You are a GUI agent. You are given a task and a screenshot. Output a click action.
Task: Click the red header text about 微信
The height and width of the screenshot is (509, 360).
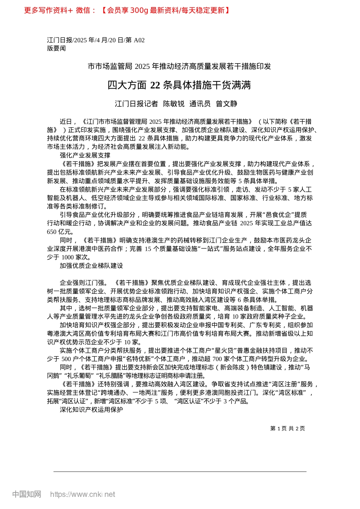127,10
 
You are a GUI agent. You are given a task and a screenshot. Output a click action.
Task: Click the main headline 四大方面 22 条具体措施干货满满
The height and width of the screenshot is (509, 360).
179,85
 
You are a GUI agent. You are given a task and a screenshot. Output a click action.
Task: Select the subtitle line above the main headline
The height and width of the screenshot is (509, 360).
179,67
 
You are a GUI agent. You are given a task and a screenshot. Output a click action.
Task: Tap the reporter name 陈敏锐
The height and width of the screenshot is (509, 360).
174,104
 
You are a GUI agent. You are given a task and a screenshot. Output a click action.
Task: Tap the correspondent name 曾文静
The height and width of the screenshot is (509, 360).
227,104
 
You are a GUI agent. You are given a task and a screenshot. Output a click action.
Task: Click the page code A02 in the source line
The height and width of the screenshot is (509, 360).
139,40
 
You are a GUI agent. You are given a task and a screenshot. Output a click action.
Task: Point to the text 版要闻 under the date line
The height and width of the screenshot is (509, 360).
56,48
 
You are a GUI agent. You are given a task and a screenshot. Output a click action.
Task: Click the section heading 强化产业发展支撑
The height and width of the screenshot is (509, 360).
85,155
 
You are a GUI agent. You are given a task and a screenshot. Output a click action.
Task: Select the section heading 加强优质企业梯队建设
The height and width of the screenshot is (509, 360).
91,266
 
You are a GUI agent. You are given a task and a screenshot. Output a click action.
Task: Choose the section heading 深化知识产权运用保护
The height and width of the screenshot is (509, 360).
91,410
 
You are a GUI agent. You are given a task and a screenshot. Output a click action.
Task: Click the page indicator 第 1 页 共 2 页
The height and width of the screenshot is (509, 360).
287,428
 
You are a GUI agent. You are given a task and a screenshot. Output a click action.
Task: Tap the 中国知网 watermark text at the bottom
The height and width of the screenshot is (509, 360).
27,494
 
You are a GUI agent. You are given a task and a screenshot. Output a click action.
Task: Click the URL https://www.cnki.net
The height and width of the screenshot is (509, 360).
82,494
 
